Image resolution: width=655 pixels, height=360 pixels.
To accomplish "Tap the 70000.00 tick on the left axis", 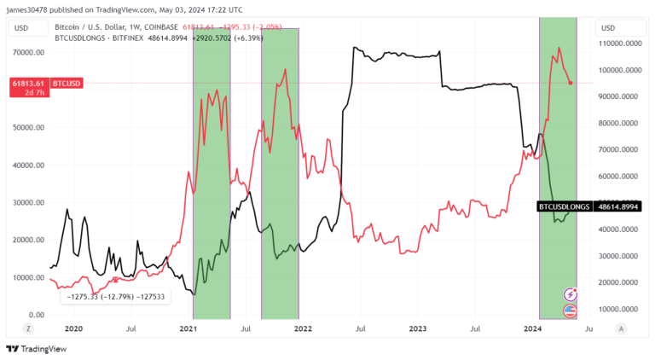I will point(28,52).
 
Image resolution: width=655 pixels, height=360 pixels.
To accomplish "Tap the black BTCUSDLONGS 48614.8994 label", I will point(588,206).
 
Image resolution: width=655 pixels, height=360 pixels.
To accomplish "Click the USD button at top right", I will point(608,27).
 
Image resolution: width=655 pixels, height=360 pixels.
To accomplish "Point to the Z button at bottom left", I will point(27,328).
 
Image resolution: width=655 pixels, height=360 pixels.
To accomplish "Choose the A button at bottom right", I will point(621,328).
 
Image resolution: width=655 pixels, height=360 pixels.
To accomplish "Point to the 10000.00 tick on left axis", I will point(28,277).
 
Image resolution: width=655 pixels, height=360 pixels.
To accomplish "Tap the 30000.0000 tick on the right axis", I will point(619,256).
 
